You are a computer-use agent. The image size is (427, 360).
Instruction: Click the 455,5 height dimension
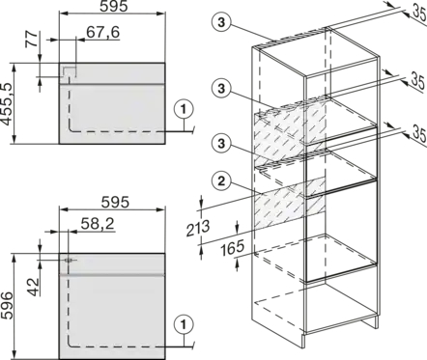coord(7,104)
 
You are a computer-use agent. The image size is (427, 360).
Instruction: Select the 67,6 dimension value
coord(102,32)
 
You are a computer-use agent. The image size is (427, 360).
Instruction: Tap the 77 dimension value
coord(32,39)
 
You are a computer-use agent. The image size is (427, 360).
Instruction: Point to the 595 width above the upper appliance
coord(114,6)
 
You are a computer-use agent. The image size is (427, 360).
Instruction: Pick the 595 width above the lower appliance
coord(115,203)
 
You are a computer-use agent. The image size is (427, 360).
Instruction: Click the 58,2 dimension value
coord(98,224)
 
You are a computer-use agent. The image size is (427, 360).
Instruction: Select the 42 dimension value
coord(33,287)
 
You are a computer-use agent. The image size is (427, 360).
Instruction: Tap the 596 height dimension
coord(7,306)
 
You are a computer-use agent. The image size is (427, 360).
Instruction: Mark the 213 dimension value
coord(197,228)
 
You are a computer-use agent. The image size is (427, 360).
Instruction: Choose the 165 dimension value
coord(232,248)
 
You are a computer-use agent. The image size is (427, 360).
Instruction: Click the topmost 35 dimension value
coord(419,13)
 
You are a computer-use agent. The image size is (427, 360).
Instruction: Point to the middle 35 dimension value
coord(418,82)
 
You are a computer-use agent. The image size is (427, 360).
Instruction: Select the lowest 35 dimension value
coord(419,133)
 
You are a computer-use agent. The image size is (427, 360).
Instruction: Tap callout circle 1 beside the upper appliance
coord(184,110)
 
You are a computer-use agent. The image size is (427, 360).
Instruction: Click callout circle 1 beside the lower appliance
coord(184,324)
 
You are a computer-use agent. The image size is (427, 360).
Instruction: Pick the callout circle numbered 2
coord(221,181)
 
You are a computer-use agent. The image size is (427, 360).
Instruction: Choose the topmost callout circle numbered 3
coord(221,22)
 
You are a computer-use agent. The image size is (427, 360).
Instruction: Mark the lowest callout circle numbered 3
coord(221,143)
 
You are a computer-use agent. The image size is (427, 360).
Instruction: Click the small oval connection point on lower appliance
coord(69,260)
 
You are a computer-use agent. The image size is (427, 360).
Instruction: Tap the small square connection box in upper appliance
coord(70,72)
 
